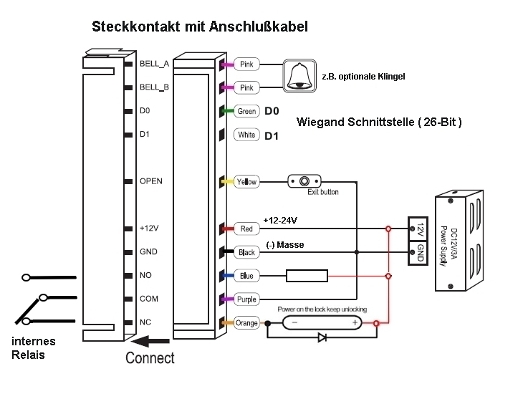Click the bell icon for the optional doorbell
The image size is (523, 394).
click(300, 75)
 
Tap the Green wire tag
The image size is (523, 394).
click(246, 111)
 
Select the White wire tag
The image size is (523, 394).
click(246, 135)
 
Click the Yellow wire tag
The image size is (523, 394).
click(246, 182)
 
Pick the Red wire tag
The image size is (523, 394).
click(246, 229)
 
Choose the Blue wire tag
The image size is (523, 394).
click(246, 276)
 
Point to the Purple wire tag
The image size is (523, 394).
click(246, 299)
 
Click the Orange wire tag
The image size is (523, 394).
click(246, 323)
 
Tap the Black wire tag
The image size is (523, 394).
click(246, 252)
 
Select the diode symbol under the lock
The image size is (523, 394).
click(322, 336)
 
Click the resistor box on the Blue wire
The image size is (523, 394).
click(307, 276)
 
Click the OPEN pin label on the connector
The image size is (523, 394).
click(151, 181)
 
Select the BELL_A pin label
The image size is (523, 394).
click(154, 64)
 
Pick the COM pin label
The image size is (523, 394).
click(148, 299)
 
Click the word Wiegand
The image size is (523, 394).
click(320, 122)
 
